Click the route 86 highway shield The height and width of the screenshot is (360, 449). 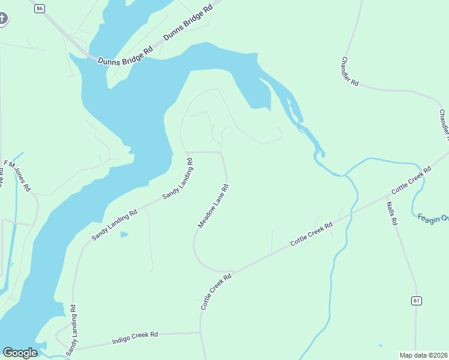click(x=40, y=8)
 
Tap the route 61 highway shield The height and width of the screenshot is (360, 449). click(x=415, y=300)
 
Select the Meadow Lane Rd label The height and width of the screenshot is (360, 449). click(x=214, y=206)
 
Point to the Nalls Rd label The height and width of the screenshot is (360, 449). click(x=392, y=213)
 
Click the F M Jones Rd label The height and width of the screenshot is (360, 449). click(x=17, y=176)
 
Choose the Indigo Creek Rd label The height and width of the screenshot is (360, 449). click(x=135, y=338)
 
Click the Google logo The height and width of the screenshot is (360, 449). click(x=20, y=353)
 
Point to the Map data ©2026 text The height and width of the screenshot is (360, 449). click(x=424, y=355)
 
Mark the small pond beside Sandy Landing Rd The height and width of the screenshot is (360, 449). click(x=124, y=234)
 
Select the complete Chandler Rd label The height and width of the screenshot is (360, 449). click(x=350, y=71)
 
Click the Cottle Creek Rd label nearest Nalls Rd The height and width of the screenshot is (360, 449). click(x=411, y=179)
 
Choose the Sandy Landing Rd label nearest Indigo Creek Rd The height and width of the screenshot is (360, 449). click(x=71, y=330)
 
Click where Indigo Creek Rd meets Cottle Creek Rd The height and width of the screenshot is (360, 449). click(x=200, y=332)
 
